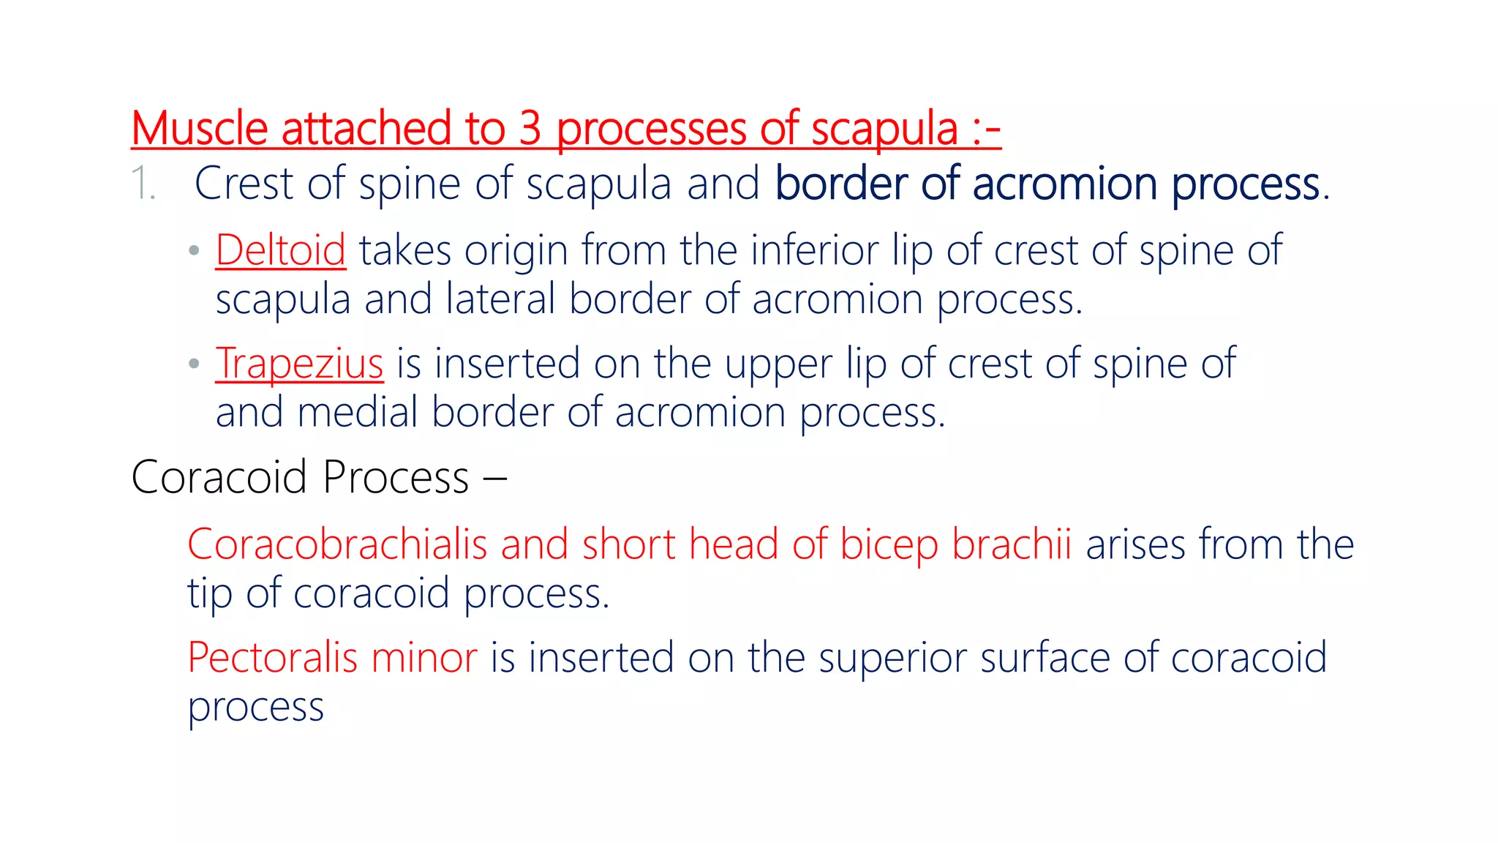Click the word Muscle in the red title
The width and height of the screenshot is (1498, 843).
click(200, 129)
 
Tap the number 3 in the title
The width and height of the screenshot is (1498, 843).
click(530, 129)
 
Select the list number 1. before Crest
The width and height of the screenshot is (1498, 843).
click(143, 184)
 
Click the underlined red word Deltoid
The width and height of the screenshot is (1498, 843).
click(280, 251)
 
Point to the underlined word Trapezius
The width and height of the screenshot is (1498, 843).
click(299, 364)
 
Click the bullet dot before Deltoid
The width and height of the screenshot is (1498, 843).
click(194, 251)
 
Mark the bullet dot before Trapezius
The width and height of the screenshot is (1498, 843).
click(194, 364)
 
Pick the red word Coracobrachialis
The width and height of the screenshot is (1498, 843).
click(337, 545)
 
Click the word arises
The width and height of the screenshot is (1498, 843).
click(1136, 545)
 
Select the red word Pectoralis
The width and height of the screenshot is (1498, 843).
click(273, 658)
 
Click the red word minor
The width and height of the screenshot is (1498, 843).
click(424, 658)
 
